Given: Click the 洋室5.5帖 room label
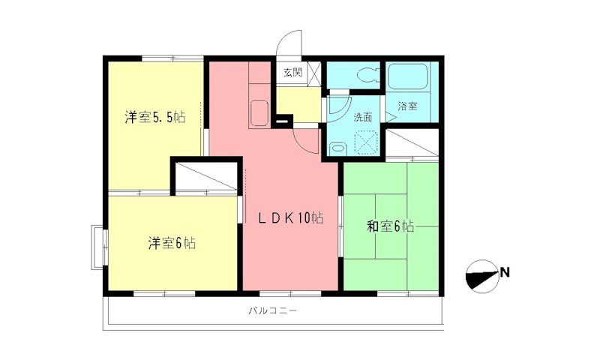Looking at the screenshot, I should [x=155, y=118].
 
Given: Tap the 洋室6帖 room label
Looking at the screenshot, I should [x=172, y=243].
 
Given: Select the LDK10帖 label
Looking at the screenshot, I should [x=291, y=219].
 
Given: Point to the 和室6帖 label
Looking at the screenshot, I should [x=390, y=226].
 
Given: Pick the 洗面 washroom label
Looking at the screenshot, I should [x=363, y=117].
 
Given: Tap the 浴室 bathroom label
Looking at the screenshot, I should [x=407, y=106].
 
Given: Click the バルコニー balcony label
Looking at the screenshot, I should [x=271, y=311].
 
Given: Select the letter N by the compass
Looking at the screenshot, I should [x=505, y=271].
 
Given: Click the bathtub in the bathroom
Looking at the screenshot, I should [x=408, y=78].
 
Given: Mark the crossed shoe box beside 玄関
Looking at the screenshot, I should [x=314, y=74].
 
